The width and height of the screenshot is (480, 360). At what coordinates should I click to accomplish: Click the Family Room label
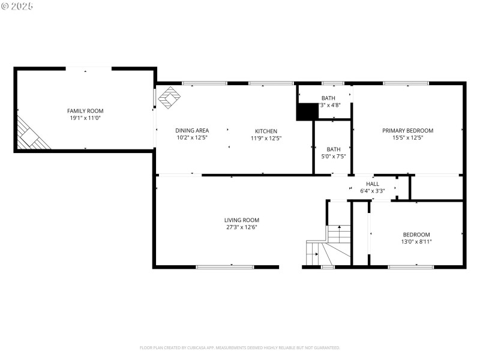pyautogui.click(x=85, y=111)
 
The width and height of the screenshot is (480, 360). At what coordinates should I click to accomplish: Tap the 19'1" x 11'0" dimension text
pyautogui.click(x=85, y=119)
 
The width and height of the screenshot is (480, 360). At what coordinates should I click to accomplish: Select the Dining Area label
pyautogui.click(x=191, y=131)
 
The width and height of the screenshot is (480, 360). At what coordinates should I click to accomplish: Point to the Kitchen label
pyautogui.click(x=266, y=131)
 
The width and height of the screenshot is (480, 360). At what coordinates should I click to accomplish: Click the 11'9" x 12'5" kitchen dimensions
pyautogui.click(x=266, y=139)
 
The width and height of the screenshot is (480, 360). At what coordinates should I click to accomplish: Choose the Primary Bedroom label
pyautogui.click(x=407, y=131)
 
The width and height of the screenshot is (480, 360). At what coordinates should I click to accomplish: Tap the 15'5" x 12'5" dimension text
pyautogui.click(x=407, y=139)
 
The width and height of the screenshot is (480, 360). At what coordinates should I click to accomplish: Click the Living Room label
pyautogui.click(x=242, y=220)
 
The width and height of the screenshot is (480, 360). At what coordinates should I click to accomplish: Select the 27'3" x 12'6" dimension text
pyautogui.click(x=242, y=227)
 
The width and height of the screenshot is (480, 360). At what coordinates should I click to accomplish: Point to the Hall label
pyautogui.click(x=372, y=184)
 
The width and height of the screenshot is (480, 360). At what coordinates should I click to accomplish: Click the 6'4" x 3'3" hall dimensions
pyautogui.click(x=372, y=191)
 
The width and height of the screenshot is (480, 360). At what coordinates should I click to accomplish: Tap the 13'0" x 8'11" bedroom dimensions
pyautogui.click(x=416, y=242)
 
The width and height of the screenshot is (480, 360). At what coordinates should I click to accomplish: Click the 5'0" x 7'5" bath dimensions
pyautogui.click(x=333, y=157)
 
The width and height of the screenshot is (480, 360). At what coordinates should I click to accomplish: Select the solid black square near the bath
pyautogui.click(x=307, y=112)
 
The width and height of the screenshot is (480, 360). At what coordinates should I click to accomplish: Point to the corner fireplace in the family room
pyautogui.click(x=30, y=136)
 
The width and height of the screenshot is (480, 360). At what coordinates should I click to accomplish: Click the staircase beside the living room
pyautogui.click(x=329, y=244)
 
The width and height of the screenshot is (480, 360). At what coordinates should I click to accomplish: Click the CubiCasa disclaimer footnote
pyautogui.click(x=240, y=347)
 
